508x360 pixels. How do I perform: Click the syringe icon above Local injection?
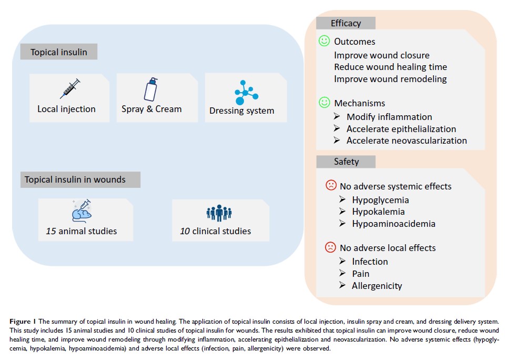pyautogui.click(x=69, y=88)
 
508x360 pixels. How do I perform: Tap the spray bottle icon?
pyautogui.click(x=151, y=89)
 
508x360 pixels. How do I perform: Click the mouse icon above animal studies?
pyautogui.click(x=82, y=210)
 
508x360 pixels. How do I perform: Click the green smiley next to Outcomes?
pyautogui.click(x=324, y=41)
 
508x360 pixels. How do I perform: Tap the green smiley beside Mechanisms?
pyautogui.click(x=324, y=103)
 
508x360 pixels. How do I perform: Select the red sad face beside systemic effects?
pyautogui.click(x=331, y=185)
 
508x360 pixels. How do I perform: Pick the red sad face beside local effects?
pyautogui.click(x=331, y=247)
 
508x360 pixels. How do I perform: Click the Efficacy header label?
pyautogui.click(x=346, y=23)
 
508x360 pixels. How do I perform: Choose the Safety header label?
pyautogui.click(x=346, y=162)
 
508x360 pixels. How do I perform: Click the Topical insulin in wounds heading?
pyautogui.click(x=75, y=179)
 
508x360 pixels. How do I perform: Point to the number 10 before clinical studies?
pyautogui.click(x=185, y=231)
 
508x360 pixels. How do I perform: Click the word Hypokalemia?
pyautogui.click(x=378, y=212)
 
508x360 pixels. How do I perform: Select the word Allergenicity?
pyautogui.click(x=377, y=286)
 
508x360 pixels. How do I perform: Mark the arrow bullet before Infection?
pyautogui.click(x=342, y=261)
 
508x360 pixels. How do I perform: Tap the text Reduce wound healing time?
pyautogui.click(x=390, y=67)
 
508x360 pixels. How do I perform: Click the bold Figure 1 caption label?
pyautogui.click(x=26, y=321)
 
